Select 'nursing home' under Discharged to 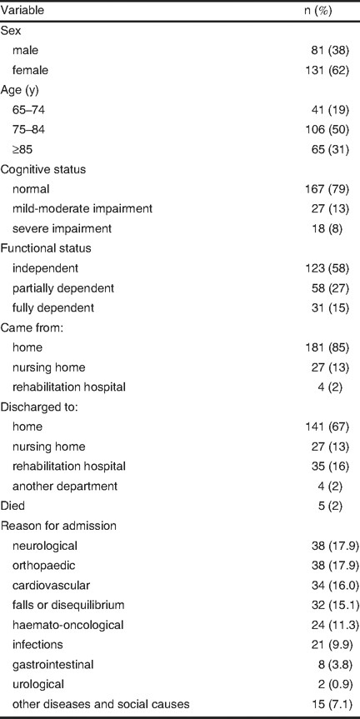pos(48,447)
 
